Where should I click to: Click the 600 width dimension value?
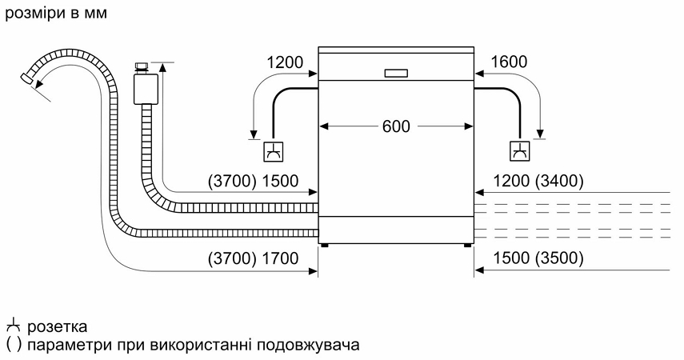pos(395,126)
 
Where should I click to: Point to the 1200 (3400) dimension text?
pos(538,182)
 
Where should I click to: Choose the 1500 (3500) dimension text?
pos(538,258)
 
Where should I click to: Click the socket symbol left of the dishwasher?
pos(273,150)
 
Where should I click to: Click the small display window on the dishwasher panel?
pos(395,73)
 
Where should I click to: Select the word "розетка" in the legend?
pos(57,327)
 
